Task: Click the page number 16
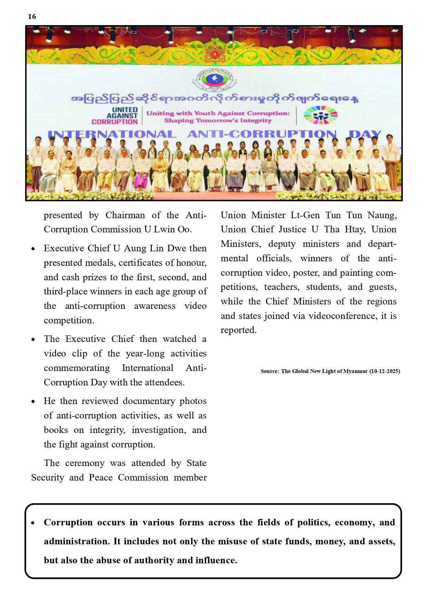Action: pos(32,17)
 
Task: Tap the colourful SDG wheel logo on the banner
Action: pos(320,115)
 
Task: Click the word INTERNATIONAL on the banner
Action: pos(112,135)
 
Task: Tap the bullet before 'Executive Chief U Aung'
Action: pos(33,249)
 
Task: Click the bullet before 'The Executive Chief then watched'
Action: pos(33,340)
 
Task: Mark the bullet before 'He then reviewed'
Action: pos(33,402)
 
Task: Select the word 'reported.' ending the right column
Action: pos(239,330)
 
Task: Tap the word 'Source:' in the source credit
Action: pos(270,371)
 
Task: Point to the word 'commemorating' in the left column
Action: pos(77,368)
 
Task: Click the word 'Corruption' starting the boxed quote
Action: pos(68,523)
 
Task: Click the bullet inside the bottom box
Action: pos(33,523)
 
